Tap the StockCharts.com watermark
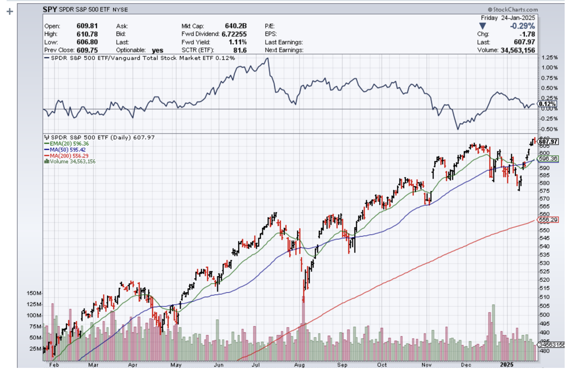coord(513,10)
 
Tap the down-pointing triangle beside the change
coord(483,26)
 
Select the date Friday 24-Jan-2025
coord(508,18)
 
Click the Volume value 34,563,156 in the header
coord(517,50)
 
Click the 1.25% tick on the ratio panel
coord(549,58)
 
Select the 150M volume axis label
coord(34,294)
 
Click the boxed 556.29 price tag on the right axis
coord(547,220)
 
